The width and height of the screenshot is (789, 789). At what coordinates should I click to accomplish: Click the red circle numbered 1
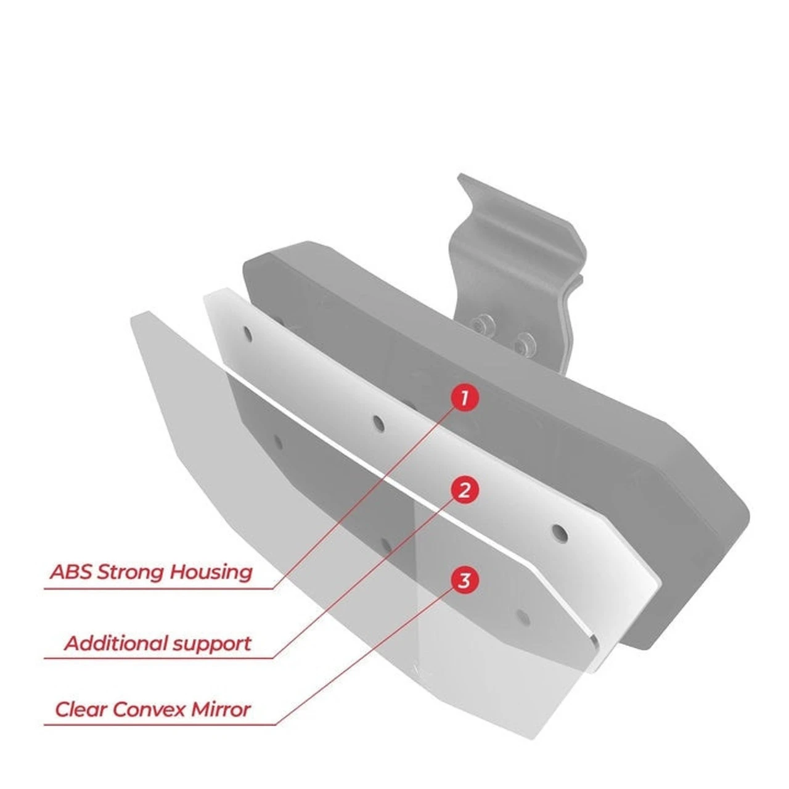click(x=464, y=397)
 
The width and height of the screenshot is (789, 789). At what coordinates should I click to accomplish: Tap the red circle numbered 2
click(x=464, y=490)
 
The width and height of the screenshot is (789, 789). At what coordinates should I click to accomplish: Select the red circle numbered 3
click(x=464, y=581)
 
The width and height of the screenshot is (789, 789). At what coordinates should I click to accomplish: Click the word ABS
click(x=70, y=572)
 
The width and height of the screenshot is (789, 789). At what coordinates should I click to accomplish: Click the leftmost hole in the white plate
click(x=248, y=333)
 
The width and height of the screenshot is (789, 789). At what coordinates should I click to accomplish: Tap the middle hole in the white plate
click(x=378, y=424)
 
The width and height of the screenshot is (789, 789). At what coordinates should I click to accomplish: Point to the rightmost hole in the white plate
click(x=559, y=533)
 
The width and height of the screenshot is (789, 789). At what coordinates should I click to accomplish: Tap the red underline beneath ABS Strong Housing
click(x=159, y=589)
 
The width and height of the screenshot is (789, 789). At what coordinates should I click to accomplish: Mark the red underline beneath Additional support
click(x=159, y=658)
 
